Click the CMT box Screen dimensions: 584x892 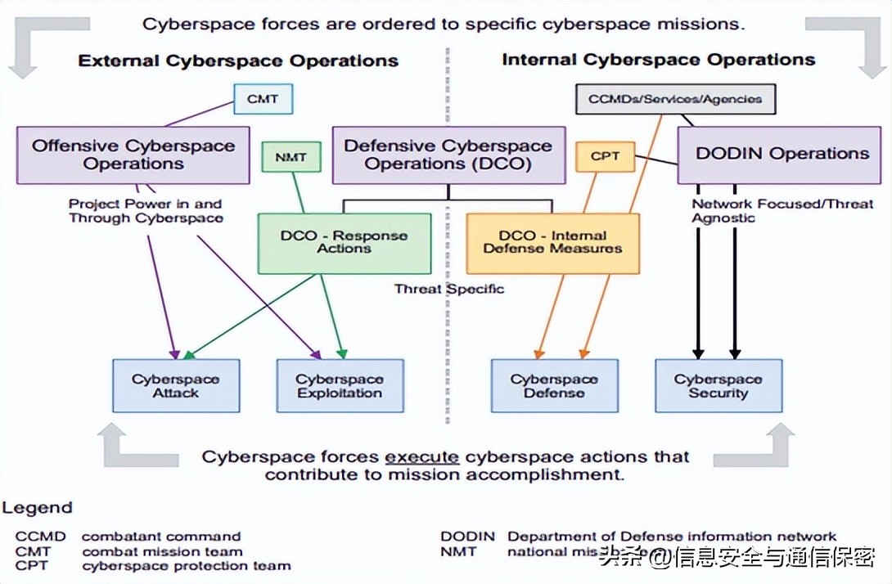(x=263, y=99)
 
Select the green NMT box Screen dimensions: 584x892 (x=291, y=156)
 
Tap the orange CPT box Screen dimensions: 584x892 (x=605, y=155)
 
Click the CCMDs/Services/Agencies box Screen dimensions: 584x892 (x=675, y=100)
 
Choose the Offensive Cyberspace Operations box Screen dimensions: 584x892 (x=133, y=155)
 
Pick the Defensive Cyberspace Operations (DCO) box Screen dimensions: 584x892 (x=448, y=155)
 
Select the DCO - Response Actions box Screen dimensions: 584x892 (x=344, y=243)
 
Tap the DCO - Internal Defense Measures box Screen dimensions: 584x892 (x=552, y=243)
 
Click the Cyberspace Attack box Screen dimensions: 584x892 (x=176, y=386)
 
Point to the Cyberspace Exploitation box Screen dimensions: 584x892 (x=340, y=386)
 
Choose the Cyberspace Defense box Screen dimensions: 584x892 (x=554, y=386)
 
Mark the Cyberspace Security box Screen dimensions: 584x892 (x=719, y=386)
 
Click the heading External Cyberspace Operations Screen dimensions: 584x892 (x=238, y=61)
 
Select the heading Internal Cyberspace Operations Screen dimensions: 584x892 (x=658, y=60)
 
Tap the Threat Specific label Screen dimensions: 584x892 (x=448, y=289)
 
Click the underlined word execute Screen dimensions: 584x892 (x=421, y=456)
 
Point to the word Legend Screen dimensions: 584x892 (x=37, y=508)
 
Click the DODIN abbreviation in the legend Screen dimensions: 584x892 (x=467, y=537)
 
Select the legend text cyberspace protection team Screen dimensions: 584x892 (x=186, y=565)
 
